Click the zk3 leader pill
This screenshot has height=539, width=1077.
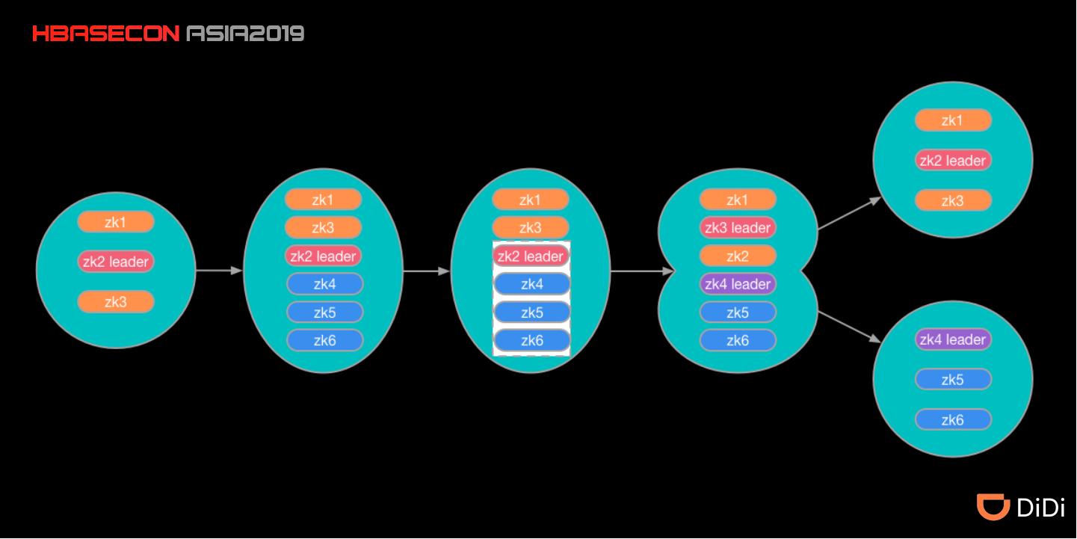(x=738, y=228)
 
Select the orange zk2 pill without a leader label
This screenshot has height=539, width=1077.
(x=738, y=256)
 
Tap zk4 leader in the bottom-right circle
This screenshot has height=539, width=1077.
(x=953, y=339)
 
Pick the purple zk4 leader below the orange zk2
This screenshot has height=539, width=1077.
(x=738, y=284)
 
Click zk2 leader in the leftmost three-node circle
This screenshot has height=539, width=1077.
(x=116, y=262)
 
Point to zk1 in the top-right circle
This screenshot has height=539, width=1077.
(x=953, y=120)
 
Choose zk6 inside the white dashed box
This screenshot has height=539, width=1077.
(x=531, y=341)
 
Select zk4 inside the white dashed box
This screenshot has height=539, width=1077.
(x=531, y=284)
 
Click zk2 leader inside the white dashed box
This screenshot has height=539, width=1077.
(x=531, y=256)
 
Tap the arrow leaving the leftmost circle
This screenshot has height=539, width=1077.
(x=219, y=271)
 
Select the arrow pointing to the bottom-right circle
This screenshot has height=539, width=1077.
(x=850, y=327)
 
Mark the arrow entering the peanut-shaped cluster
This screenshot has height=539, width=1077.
(x=643, y=271)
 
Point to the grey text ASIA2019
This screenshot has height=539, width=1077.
(x=245, y=34)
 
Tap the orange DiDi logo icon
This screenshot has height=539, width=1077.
(x=993, y=507)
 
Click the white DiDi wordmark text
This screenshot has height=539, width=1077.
(x=1041, y=508)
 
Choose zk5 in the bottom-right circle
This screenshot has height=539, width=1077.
(x=953, y=380)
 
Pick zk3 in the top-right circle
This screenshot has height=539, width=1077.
(x=953, y=201)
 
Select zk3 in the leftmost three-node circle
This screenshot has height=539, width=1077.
(x=116, y=302)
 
